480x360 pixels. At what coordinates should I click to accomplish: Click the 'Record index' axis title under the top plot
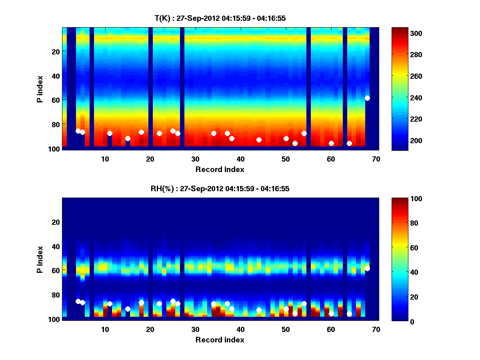coord(220,169)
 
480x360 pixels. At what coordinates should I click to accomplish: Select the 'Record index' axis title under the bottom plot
coord(220,340)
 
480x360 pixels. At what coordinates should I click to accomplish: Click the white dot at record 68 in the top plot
coord(367,98)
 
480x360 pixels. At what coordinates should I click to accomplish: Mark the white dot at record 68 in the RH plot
coord(367,268)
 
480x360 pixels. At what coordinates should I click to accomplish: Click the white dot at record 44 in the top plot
coord(259,140)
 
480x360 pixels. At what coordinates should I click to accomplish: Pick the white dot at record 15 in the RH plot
coord(128,309)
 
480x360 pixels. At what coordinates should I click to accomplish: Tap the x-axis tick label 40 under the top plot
coord(240,159)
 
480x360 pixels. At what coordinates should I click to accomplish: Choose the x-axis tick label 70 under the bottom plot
coord(376,329)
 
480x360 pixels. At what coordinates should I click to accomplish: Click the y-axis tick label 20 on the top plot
coord(55,51)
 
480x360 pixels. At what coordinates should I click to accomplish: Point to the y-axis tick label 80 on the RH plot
coord(55,295)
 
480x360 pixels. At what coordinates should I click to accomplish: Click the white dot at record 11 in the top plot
coord(110,133)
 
